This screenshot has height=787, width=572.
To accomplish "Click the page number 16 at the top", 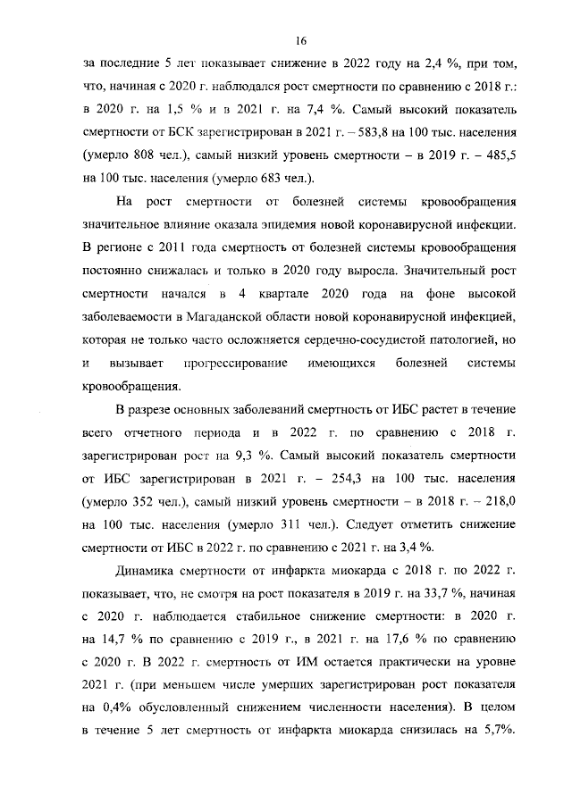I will (301, 40).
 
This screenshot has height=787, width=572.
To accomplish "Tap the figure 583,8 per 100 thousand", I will (376, 132).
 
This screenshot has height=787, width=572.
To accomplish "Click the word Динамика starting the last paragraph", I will (148, 574).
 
